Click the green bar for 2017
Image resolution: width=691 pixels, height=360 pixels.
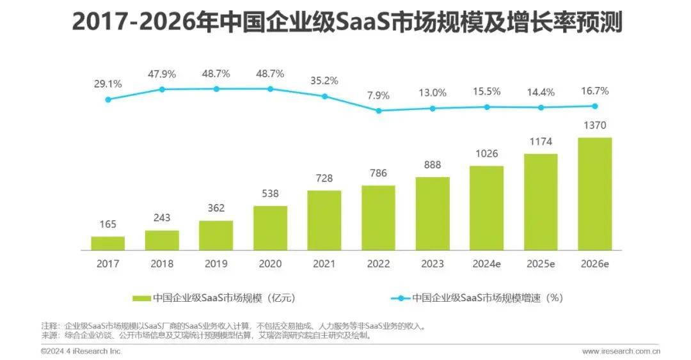click(x=107, y=243)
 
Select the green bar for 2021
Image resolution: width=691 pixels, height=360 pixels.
click(x=324, y=220)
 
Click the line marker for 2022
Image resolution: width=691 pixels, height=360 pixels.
click(x=378, y=111)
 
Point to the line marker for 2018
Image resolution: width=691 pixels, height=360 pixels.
click(x=162, y=90)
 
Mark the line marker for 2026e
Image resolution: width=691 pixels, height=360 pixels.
click(x=594, y=106)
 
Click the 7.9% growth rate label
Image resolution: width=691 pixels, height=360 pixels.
click(x=378, y=95)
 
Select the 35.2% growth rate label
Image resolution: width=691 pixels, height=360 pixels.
click(x=324, y=81)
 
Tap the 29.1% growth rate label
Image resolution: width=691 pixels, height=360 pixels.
click(x=107, y=84)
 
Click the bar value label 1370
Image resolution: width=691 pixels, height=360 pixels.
click(x=594, y=125)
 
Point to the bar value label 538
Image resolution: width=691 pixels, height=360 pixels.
click(x=270, y=193)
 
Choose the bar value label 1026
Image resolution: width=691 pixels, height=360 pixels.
click(x=486, y=153)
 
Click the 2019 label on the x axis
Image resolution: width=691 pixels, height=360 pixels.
click(x=216, y=263)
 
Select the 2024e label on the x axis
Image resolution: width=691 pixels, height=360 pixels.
click(x=486, y=263)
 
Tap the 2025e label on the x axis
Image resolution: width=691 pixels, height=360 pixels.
click(x=541, y=263)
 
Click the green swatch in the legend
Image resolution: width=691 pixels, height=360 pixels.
click(x=141, y=298)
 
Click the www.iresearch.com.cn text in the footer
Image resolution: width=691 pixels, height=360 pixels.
click(x=621, y=351)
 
